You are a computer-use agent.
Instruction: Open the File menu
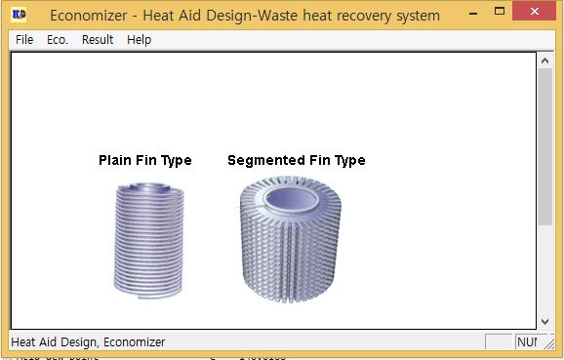tap(24, 40)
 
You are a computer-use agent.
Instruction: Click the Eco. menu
tap(58, 40)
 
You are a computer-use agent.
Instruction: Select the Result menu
tap(98, 40)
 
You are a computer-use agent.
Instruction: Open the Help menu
tap(140, 40)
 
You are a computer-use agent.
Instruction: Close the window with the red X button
tap(536, 14)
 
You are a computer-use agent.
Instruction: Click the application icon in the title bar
tap(19, 16)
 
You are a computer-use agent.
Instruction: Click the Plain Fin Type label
tap(144, 160)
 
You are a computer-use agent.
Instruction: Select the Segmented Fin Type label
tap(296, 160)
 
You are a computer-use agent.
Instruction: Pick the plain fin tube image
tap(145, 239)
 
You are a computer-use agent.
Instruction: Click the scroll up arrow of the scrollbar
tap(544, 60)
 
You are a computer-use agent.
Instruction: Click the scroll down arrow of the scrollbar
tap(544, 320)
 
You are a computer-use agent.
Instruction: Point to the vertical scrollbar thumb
tap(544, 146)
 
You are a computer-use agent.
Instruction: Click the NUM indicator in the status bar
tap(527, 342)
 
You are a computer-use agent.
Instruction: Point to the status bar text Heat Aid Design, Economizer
tap(88, 342)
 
